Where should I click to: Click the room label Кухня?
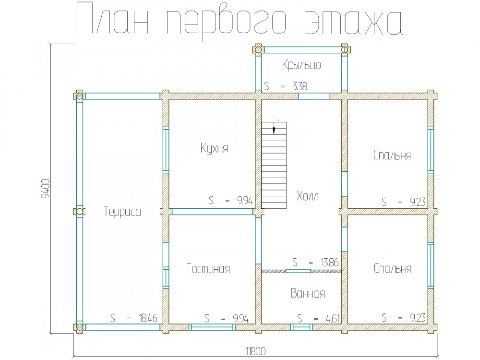[x=214, y=148]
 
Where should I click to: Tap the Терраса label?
[x=122, y=212]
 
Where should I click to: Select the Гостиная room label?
[x=208, y=269]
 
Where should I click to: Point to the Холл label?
[x=308, y=196]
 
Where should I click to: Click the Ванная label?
[x=308, y=293]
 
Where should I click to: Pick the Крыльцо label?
[x=301, y=65]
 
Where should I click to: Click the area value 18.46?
[x=148, y=318]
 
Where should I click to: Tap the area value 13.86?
[x=330, y=263]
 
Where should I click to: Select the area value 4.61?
[x=333, y=319]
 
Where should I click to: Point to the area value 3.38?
[x=300, y=86]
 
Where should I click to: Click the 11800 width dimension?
[x=256, y=351]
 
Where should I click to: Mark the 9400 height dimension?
[x=45, y=189]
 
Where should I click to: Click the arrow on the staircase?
[x=274, y=128]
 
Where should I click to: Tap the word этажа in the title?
[x=354, y=22]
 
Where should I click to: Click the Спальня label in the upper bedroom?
[x=392, y=155]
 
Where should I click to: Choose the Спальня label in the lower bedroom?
[x=393, y=268]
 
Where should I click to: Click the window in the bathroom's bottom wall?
[x=301, y=327]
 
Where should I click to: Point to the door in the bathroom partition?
[x=298, y=271]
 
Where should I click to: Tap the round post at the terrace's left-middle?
[x=80, y=212]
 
